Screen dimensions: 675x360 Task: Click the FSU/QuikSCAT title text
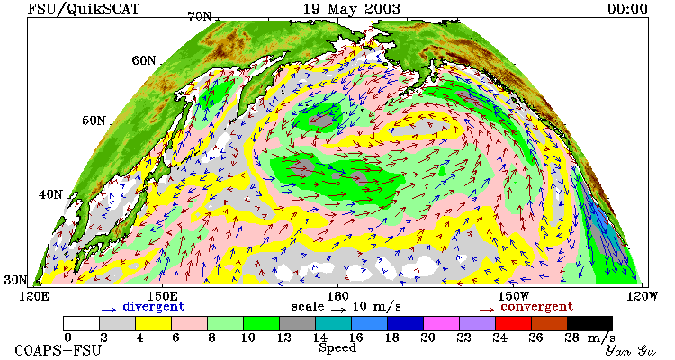click(84, 9)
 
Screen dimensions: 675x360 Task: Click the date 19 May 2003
click(351, 9)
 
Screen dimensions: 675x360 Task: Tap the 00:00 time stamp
click(627, 9)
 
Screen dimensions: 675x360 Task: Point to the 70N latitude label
click(199, 16)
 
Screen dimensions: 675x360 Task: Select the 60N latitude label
click(144, 60)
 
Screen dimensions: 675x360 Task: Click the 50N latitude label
click(94, 121)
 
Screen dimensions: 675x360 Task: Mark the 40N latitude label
click(50, 194)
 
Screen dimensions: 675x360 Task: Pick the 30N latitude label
click(15, 280)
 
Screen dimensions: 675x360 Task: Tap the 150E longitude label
click(163, 296)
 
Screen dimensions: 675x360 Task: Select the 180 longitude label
click(337, 296)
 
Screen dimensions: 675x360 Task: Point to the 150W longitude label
click(514, 296)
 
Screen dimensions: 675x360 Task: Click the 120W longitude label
click(642, 296)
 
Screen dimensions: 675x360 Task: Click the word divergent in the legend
click(154, 307)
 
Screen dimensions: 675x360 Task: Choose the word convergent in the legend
click(536, 307)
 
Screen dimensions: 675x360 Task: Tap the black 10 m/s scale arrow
click(338, 309)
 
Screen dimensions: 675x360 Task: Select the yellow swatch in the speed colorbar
click(153, 323)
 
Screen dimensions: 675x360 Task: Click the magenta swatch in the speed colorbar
click(441, 323)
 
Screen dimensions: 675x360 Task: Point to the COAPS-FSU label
click(58, 350)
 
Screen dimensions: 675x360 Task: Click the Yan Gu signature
click(631, 350)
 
